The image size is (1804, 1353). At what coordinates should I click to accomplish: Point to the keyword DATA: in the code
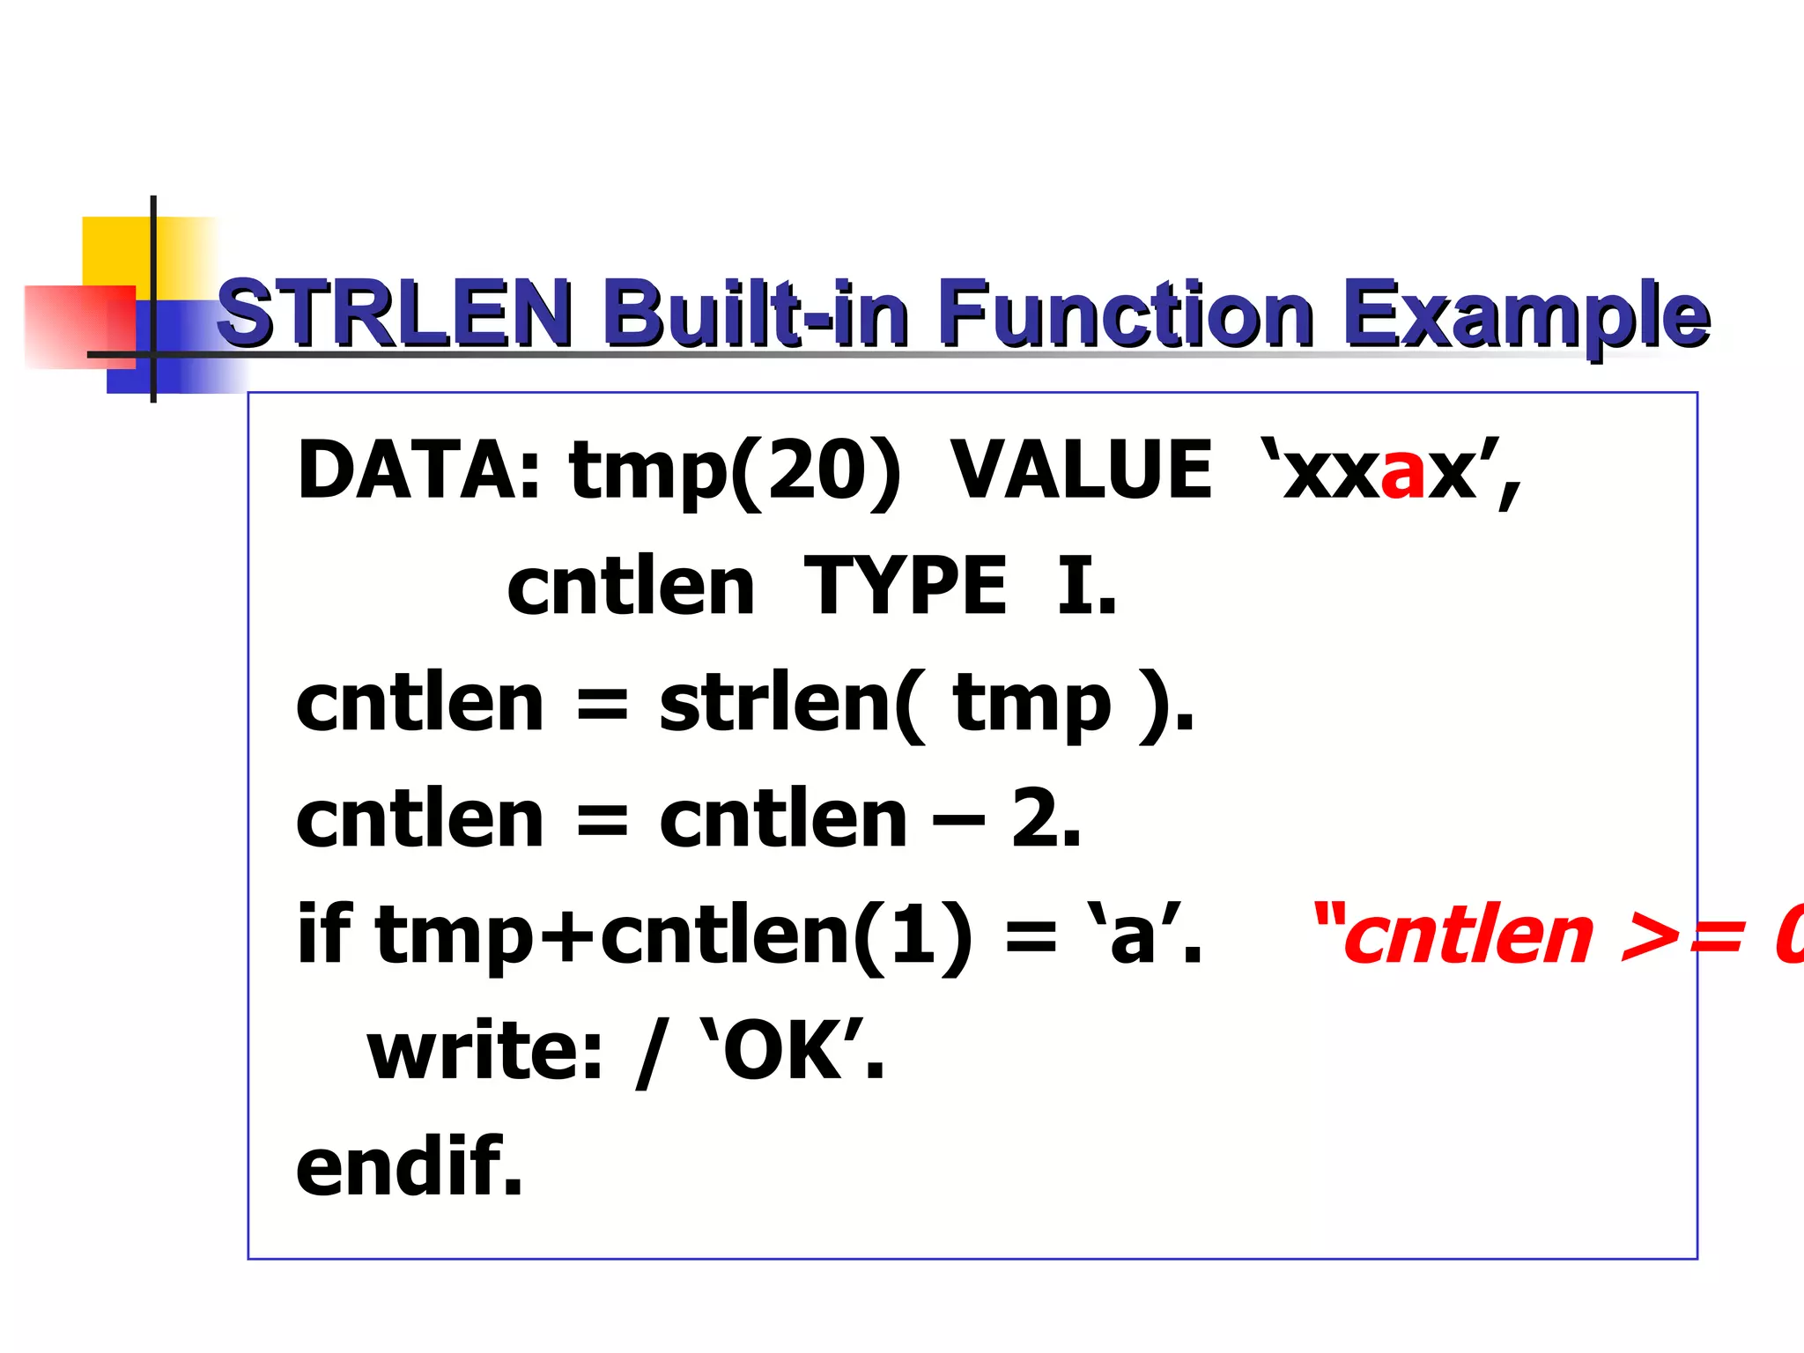pyautogui.click(x=419, y=470)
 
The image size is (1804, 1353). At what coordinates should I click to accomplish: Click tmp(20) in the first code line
pyautogui.click(x=735, y=472)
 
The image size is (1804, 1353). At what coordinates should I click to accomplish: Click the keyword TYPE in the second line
pyautogui.click(x=906, y=587)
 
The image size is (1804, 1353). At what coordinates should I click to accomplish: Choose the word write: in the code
pyautogui.click(x=484, y=1052)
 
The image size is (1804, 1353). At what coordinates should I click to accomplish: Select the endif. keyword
pyautogui.click(x=410, y=1168)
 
